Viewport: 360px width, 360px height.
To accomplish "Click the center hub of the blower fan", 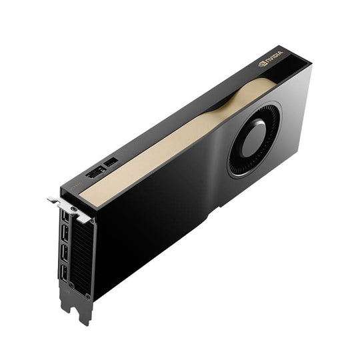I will click(x=253, y=139).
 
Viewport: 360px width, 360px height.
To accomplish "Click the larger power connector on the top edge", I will click(x=95, y=172).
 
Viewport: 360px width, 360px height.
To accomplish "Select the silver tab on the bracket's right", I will click(x=85, y=217).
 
